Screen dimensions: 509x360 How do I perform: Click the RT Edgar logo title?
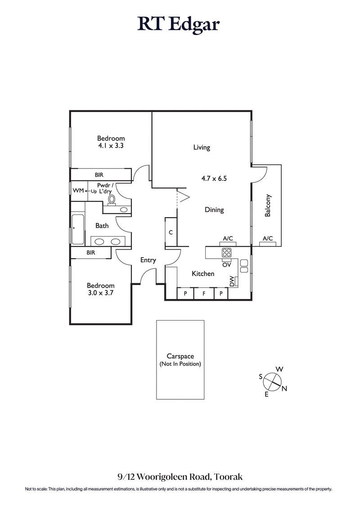(179, 25)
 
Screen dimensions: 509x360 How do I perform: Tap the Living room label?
(202, 147)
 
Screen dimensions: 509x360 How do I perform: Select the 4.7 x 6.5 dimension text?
(214, 178)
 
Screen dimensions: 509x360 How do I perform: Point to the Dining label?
(214, 210)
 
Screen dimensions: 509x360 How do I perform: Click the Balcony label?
(268, 205)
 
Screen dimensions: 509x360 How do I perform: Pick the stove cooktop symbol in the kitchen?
(226, 253)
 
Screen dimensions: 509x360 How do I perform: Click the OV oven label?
(226, 265)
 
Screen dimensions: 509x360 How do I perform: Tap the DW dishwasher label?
(232, 281)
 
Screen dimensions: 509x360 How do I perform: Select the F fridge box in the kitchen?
(203, 294)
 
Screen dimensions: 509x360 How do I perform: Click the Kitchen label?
(203, 273)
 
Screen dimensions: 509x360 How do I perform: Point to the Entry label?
(148, 260)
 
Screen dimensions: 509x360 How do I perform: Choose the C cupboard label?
(171, 232)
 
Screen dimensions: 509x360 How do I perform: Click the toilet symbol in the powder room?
(112, 199)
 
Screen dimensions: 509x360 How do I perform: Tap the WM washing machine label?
(78, 191)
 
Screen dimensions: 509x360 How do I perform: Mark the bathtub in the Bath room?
(78, 229)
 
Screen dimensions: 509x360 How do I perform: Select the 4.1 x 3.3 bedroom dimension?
(111, 146)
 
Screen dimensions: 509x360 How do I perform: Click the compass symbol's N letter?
(284, 389)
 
